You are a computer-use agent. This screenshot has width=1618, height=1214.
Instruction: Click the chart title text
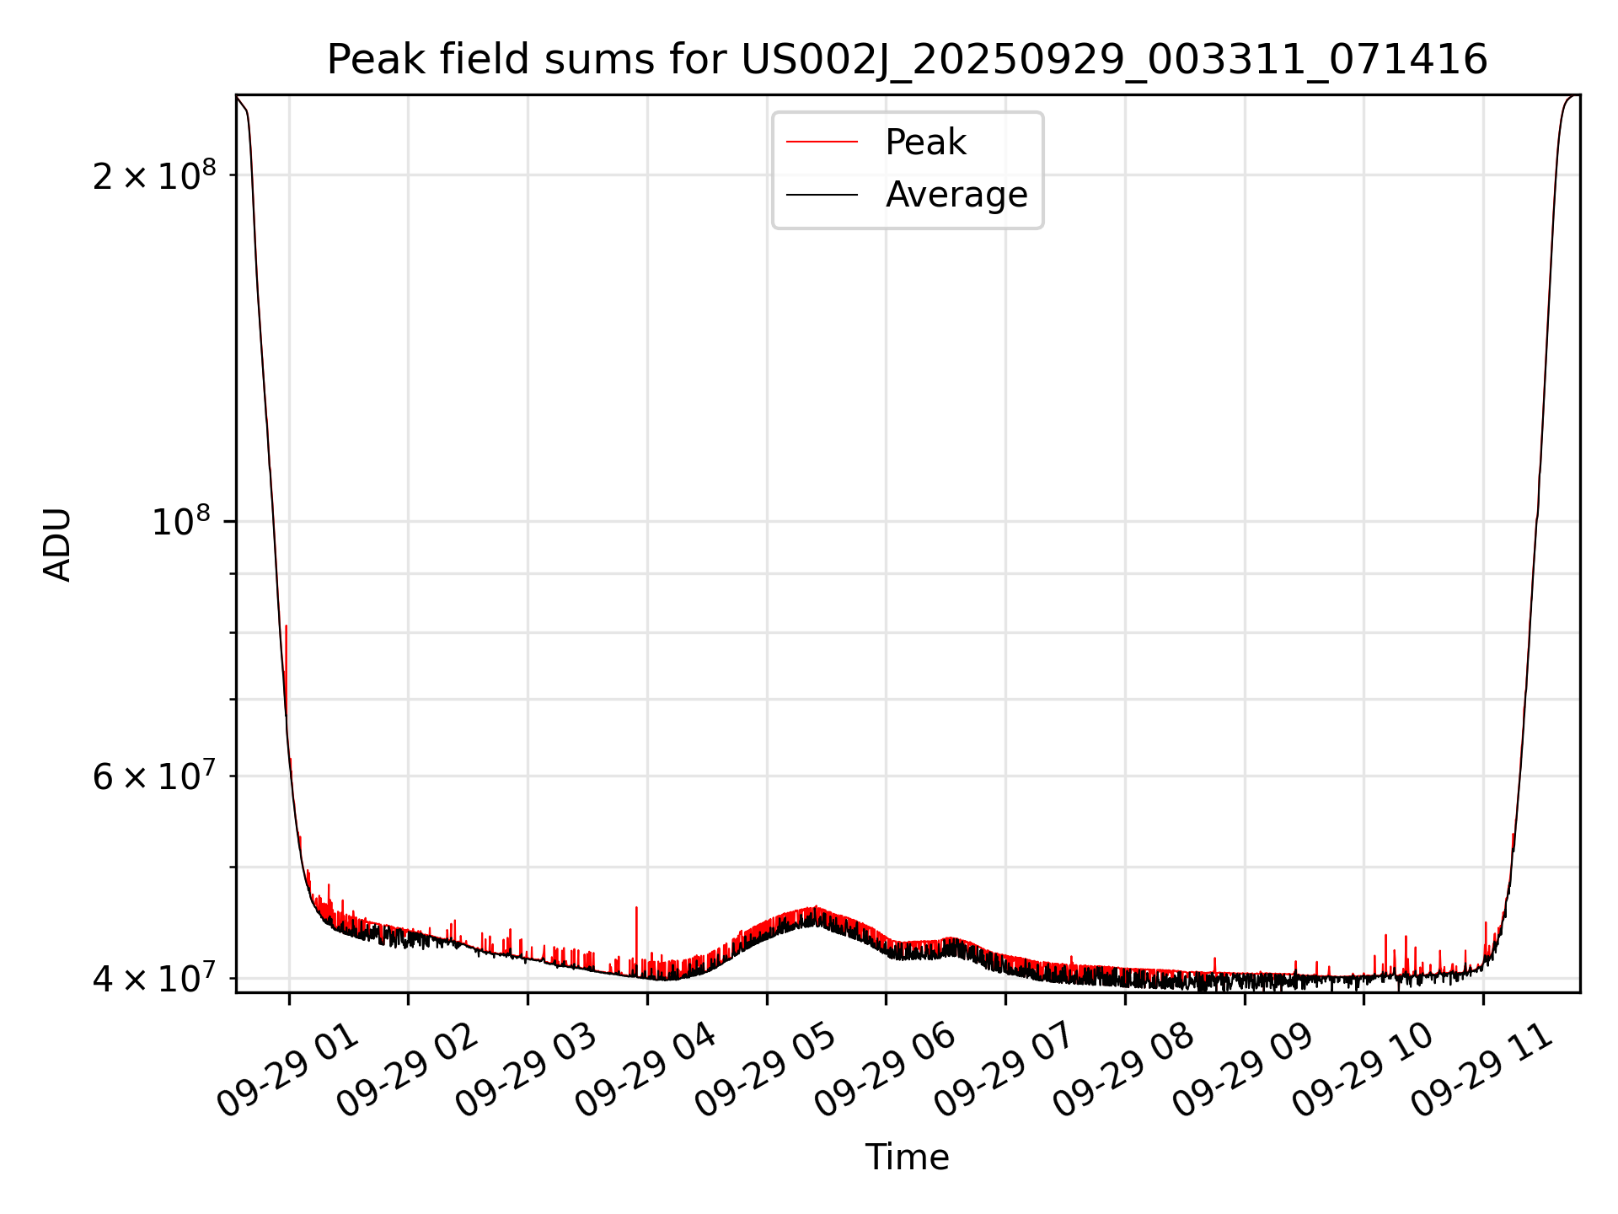pyautogui.click(x=907, y=60)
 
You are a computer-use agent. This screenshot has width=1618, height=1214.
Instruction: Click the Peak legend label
pyautogui.click(x=925, y=142)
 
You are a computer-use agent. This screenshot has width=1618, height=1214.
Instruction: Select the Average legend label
pyautogui.click(x=956, y=195)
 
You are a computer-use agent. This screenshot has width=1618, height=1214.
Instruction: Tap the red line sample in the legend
pyautogui.click(x=822, y=142)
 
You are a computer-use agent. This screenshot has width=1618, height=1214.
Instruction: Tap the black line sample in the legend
pyautogui.click(x=822, y=195)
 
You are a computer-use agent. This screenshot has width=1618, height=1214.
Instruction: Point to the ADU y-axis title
pyautogui.click(x=57, y=545)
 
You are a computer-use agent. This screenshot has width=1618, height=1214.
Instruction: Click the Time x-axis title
pyautogui.click(x=907, y=1158)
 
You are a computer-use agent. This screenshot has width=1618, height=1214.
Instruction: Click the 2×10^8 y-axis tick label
pyautogui.click(x=153, y=175)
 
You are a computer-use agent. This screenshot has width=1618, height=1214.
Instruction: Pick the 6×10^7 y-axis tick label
pyautogui.click(x=153, y=776)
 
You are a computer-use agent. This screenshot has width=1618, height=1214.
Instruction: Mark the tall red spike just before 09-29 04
pyautogui.click(x=636, y=909)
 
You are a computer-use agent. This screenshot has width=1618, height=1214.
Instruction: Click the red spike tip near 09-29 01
pyautogui.click(x=287, y=626)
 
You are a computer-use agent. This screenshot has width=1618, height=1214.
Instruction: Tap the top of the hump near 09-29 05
pyautogui.click(x=814, y=908)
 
